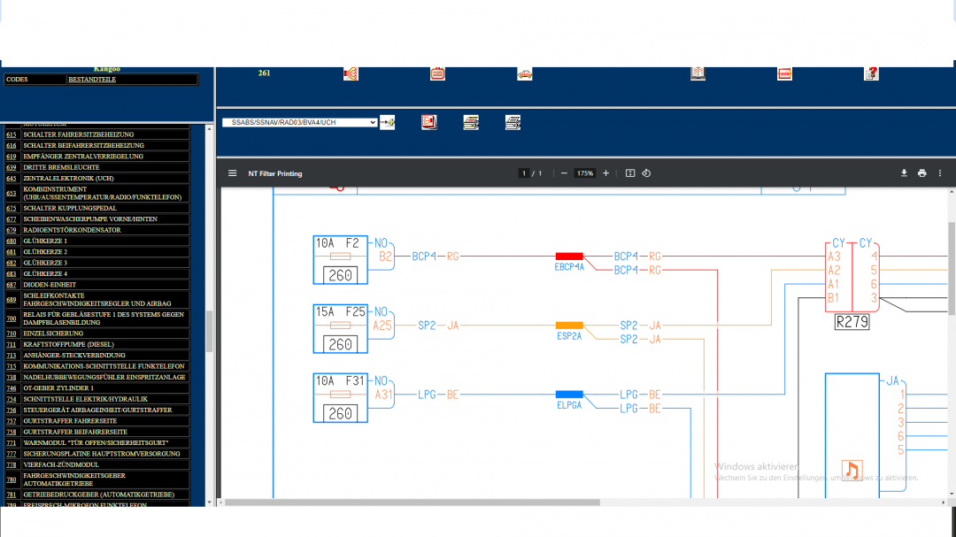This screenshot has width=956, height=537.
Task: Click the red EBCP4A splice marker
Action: click(569, 256)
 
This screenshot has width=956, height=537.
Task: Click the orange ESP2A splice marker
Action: click(569, 326)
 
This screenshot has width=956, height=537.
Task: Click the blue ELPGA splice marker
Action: click(569, 395)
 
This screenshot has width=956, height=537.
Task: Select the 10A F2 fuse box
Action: click(341, 260)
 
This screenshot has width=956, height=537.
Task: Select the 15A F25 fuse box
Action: click(341, 329)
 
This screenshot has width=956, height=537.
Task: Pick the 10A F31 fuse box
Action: click(341, 397)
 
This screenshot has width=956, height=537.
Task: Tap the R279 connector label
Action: click(852, 323)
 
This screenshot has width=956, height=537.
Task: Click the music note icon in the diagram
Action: click(852, 470)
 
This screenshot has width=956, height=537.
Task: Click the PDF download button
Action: click(904, 173)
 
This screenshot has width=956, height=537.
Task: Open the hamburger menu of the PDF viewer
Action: click(233, 173)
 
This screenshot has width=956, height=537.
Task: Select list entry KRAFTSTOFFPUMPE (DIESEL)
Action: click(68, 344)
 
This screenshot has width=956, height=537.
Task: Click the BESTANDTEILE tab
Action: click(92, 80)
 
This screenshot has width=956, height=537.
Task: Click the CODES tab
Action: click(18, 80)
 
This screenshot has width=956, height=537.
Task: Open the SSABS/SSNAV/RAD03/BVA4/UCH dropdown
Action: click(300, 123)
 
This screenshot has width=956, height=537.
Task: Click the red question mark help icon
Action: click(871, 73)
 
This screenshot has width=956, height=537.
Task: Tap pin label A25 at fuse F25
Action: click(382, 326)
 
